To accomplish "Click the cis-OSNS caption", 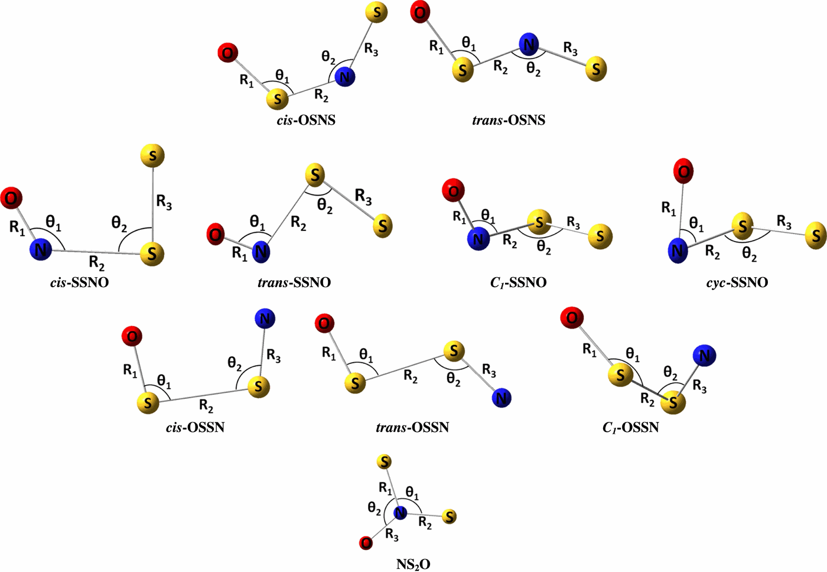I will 306,120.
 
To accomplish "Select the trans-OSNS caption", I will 509,120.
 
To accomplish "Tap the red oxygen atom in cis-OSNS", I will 227,53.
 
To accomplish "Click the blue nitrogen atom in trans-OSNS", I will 529,44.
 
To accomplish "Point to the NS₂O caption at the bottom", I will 413,564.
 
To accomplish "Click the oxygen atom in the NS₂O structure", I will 366,542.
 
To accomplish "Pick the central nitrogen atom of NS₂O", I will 401,513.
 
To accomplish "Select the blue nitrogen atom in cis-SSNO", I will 41,249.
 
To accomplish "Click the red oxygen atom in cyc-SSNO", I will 683,171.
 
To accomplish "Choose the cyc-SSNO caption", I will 737,282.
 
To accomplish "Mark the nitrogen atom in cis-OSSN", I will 265,319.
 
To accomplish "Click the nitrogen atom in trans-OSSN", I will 502,398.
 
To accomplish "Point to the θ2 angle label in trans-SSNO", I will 325,206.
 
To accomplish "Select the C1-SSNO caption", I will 518,282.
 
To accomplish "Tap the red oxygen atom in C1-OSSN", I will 571,318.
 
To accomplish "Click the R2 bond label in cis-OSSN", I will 206,405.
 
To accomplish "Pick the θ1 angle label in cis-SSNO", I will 53,223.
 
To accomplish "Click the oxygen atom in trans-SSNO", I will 216,235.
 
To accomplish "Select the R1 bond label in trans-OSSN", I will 329,353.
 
